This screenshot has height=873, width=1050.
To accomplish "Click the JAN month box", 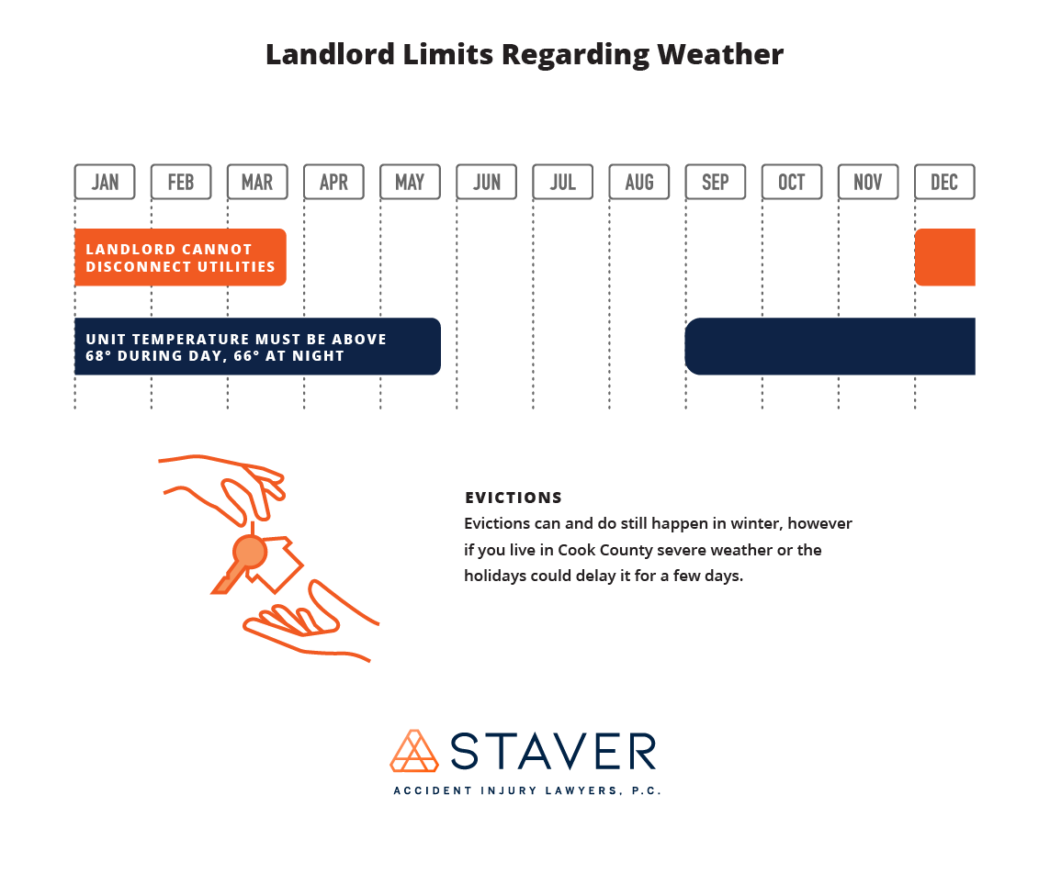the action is tap(105, 182).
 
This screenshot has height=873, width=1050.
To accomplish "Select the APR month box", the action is tap(333, 182).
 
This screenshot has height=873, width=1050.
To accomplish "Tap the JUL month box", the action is tap(562, 182).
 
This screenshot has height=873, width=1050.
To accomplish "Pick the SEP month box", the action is tap(716, 182).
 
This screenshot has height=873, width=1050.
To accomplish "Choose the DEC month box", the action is tap(944, 182).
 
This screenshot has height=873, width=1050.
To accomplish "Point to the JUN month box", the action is tap(486, 182).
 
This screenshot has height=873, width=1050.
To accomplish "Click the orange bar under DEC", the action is tap(945, 257).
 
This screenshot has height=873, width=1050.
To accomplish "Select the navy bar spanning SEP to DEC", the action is tap(830, 346).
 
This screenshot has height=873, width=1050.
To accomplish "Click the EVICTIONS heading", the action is tap(514, 498).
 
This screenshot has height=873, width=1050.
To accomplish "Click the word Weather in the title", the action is tap(720, 54).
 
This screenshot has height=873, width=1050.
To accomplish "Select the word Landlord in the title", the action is tap(331, 54).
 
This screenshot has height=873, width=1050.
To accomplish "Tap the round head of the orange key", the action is tap(250, 552).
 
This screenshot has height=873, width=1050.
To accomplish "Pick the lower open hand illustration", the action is tap(310, 622).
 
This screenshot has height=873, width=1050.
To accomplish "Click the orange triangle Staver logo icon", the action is tap(414, 751).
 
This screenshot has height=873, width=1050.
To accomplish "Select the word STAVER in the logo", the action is tap(553, 751).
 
